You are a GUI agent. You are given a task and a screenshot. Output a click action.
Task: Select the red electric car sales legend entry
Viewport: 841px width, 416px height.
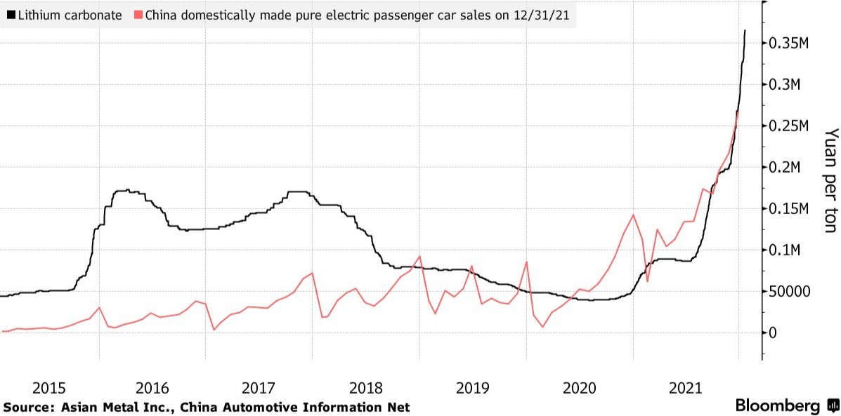358,14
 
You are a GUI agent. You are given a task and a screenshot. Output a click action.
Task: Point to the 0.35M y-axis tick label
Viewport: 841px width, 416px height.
790,43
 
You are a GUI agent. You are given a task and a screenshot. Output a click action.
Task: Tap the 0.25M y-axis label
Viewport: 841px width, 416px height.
790,126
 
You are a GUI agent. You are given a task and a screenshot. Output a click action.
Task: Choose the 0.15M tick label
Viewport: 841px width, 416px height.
790,209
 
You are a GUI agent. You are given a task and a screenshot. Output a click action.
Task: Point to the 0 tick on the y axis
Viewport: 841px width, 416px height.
774,333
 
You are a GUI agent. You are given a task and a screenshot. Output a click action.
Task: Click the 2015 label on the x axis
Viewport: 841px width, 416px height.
49,387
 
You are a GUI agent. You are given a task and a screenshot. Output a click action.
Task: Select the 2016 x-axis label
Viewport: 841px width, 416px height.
152,387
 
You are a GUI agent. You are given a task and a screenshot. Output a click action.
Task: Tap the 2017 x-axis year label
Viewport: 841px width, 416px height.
259,387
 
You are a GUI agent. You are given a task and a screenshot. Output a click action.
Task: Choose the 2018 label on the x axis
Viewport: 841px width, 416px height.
366,387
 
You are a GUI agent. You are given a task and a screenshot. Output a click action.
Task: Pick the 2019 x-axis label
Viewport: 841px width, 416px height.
473,387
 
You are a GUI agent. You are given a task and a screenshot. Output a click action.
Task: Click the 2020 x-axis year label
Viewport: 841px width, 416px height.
580,387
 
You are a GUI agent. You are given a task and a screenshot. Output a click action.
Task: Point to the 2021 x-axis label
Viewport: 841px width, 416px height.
686,387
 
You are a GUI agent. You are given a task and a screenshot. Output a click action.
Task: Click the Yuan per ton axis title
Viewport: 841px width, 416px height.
830,180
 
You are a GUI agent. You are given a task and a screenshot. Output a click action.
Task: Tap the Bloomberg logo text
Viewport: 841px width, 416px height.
777,406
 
